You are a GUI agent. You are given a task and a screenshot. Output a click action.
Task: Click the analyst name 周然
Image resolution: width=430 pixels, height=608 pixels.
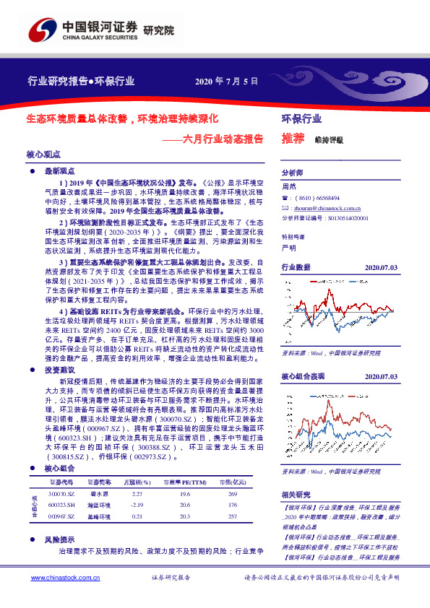(x=288, y=186)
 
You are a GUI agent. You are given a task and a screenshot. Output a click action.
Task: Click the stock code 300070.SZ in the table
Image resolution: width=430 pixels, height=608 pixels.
(x=61, y=474)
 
